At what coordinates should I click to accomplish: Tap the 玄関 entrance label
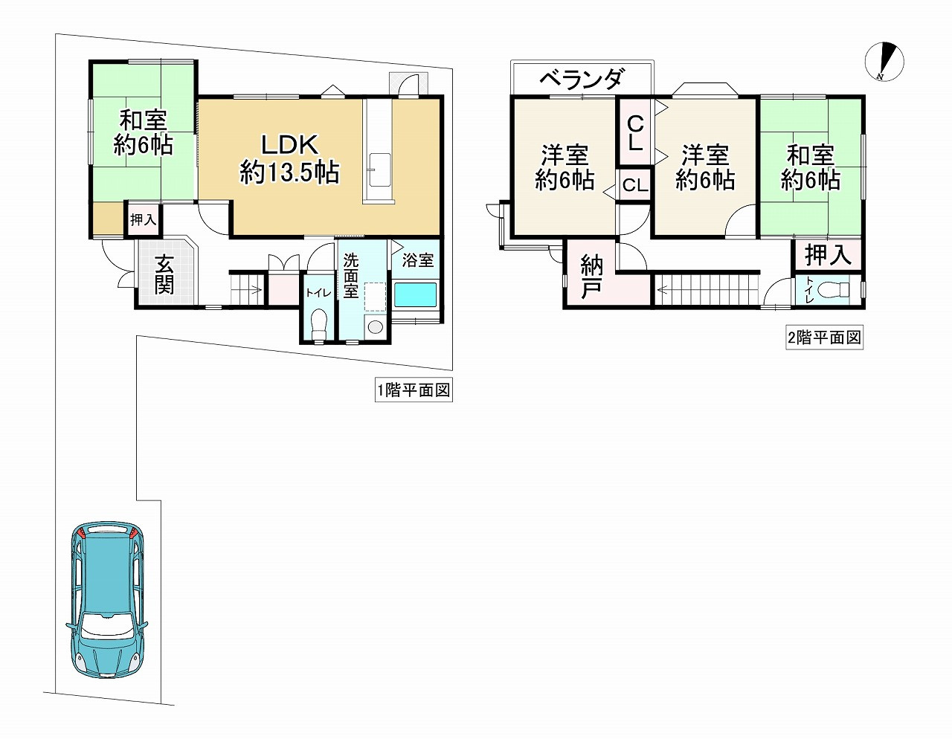pos(164,274)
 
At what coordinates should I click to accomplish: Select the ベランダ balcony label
pos(582,79)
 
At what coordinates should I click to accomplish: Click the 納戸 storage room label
pos(591,277)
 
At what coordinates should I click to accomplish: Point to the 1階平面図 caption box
pos(414,390)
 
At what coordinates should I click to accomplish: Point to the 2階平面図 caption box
pos(824,338)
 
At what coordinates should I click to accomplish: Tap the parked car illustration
pos(107,598)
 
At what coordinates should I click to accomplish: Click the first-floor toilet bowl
pos(319,322)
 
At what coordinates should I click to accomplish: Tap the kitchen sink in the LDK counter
pos(379,170)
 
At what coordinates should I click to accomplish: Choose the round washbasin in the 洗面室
pos(375,326)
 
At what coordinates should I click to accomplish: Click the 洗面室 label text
pos(350,276)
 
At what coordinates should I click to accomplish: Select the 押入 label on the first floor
pos(143,220)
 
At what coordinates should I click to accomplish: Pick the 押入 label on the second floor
pos(827,255)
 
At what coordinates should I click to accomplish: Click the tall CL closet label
pos(635,133)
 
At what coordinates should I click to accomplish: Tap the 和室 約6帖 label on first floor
pos(143,132)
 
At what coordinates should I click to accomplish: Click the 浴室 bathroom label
pos(417,260)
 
